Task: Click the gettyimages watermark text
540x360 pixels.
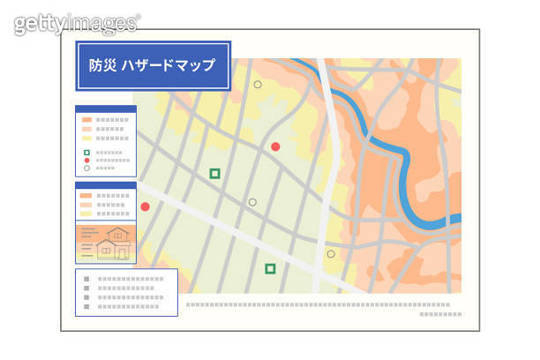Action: (x=77, y=23)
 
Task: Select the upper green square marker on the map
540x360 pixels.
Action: (x=214, y=174)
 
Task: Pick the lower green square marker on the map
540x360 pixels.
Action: (x=270, y=268)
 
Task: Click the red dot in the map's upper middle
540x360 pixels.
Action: (x=275, y=146)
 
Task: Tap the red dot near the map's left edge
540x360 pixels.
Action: (x=145, y=206)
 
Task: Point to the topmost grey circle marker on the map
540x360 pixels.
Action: (x=258, y=85)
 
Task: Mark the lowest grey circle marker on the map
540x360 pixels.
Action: (x=331, y=254)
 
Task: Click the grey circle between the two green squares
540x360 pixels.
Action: (x=252, y=202)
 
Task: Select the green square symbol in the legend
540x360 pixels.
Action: (x=86, y=152)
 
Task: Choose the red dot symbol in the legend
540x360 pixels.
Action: (x=86, y=160)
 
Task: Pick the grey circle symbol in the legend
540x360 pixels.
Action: (x=86, y=168)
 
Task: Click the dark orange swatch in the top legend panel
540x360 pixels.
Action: (x=86, y=119)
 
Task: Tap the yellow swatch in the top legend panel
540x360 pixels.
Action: (x=86, y=138)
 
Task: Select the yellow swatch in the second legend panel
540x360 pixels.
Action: (x=86, y=214)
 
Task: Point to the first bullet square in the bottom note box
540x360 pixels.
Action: (x=86, y=279)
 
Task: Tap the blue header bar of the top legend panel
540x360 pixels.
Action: (x=106, y=109)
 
